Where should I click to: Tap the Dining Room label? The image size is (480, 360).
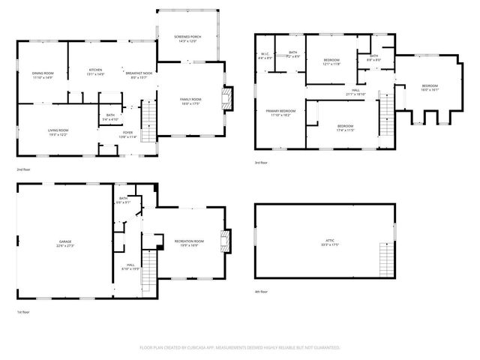point(42,74)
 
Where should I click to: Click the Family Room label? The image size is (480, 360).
point(190,101)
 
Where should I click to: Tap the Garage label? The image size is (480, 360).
point(64,244)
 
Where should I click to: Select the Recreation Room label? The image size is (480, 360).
point(186,242)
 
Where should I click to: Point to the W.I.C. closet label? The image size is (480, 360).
point(265,55)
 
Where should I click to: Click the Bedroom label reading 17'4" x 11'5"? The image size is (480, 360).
point(344,127)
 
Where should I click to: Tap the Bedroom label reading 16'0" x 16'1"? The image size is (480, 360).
point(430,88)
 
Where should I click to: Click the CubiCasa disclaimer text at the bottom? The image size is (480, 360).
point(240,348)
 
